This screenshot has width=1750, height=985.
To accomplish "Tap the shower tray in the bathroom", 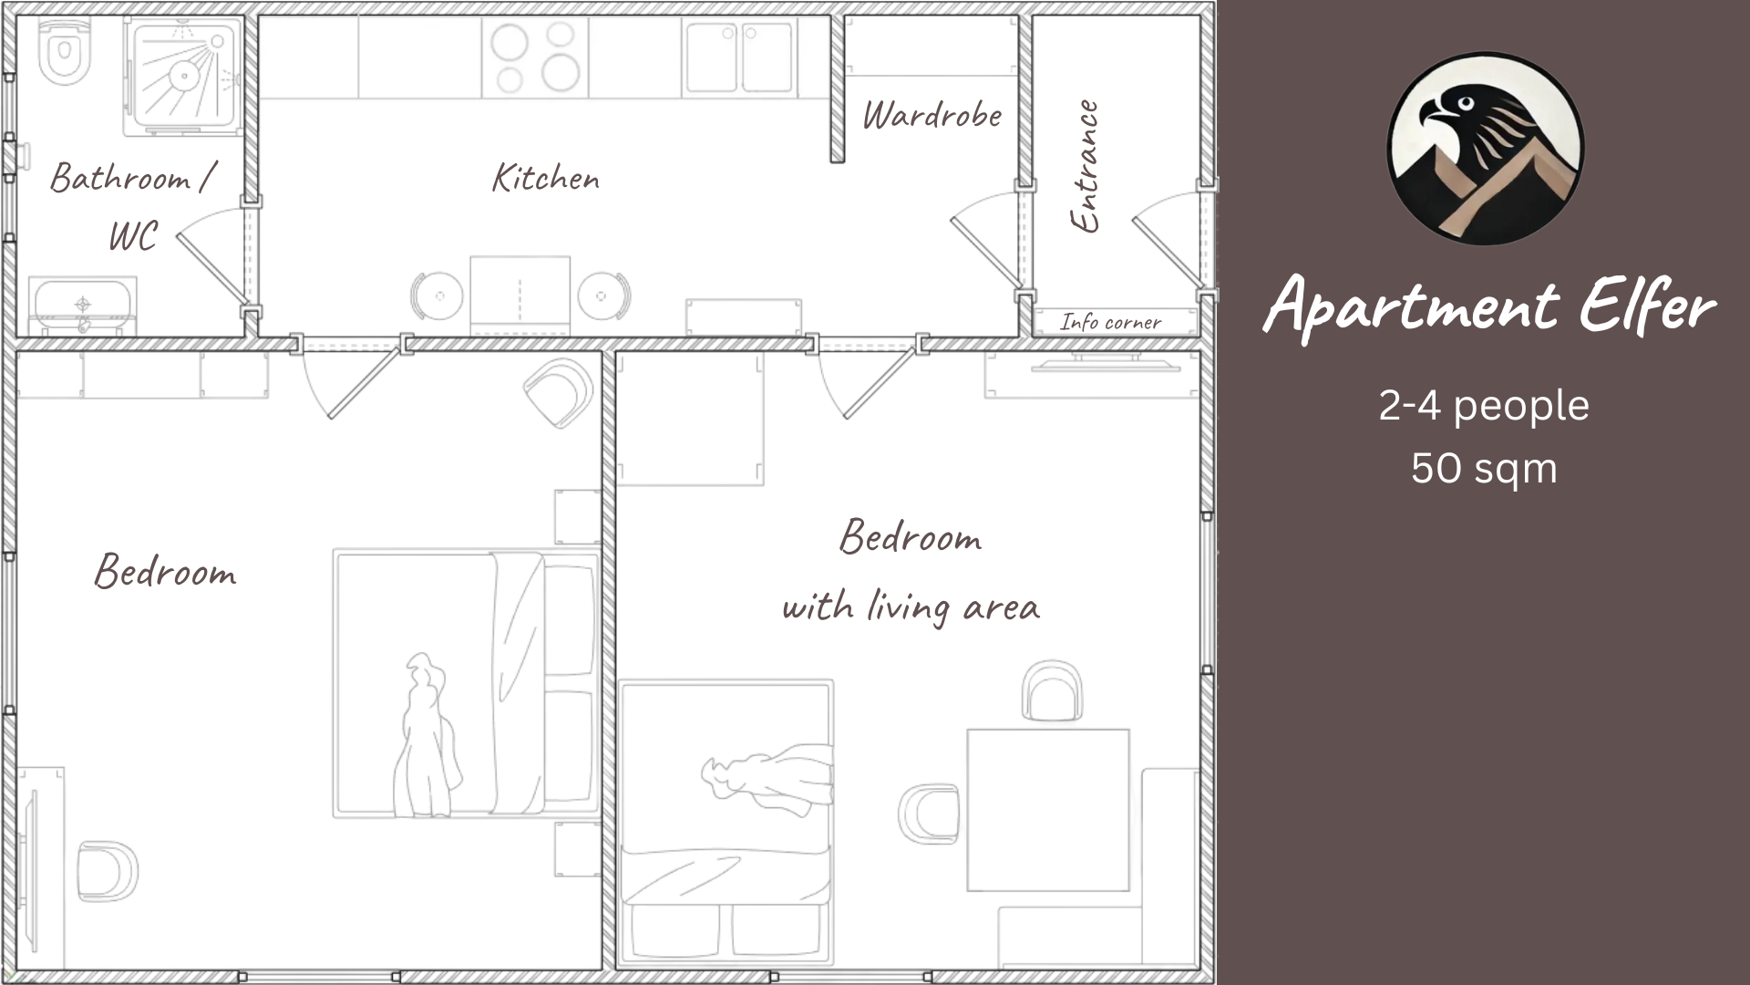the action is tap(184, 76).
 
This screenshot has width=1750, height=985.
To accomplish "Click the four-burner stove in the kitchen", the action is tap(535, 57).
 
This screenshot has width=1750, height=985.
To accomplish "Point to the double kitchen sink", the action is tap(738, 57).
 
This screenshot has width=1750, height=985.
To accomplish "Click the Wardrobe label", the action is tap(932, 115).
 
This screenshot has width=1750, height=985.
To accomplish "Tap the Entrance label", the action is tap(1084, 166).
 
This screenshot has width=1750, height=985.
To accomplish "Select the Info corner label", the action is tap(1110, 322).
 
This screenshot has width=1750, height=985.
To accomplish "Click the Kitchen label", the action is tap(546, 178).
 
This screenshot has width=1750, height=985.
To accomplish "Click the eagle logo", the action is tap(1486, 149).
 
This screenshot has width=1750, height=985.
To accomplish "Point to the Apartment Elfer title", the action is tap(1490, 306).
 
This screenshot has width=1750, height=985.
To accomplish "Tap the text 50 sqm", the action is tap(1484, 469).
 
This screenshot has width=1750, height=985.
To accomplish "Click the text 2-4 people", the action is tap(1484, 406).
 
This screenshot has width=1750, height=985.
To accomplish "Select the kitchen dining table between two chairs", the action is tap(520, 295).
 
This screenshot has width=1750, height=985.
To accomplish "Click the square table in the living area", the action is tap(1048, 810).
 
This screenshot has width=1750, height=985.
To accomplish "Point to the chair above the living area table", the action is tap(1052, 690).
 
